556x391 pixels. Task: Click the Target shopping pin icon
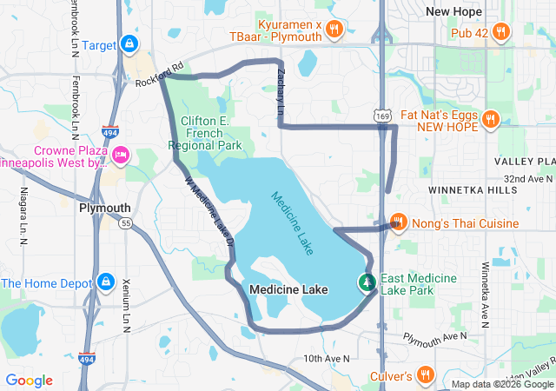(x=129, y=43)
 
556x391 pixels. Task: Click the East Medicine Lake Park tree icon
(x=367, y=282)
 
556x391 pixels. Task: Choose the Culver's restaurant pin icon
(x=425, y=375)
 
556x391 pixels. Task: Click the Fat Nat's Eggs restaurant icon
(x=490, y=119)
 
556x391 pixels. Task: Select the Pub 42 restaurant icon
(x=500, y=33)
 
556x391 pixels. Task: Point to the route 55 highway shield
(x=126, y=223)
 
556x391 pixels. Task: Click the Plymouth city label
(x=104, y=209)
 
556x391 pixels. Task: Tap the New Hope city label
(x=455, y=11)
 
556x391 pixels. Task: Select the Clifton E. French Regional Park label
(x=210, y=134)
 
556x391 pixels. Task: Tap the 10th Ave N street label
(x=326, y=358)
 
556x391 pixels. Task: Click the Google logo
(x=30, y=381)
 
